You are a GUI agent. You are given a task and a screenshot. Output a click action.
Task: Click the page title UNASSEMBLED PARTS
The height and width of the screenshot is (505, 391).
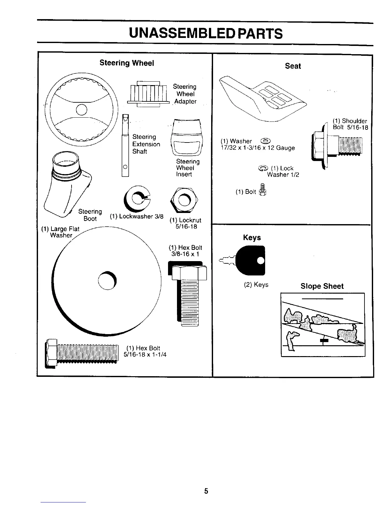pyautogui.click(x=205, y=33)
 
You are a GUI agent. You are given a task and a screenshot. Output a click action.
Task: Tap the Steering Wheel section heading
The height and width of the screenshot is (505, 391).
pyautogui.click(x=126, y=63)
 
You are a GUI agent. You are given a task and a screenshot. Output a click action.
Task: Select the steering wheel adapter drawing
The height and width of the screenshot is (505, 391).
pyautogui.click(x=148, y=94)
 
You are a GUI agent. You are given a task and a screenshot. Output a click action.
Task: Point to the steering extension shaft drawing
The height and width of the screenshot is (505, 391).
pyautogui.click(x=125, y=145)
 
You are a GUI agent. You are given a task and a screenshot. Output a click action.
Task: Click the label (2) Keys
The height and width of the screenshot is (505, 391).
pyautogui.click(x=256, y=285)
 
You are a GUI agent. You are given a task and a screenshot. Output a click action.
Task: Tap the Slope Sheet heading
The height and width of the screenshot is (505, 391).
pyautogui.click(x=322, y=286)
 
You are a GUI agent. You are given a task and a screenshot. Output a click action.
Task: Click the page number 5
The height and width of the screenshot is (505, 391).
pyautogui.click(x=206, y=491)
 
